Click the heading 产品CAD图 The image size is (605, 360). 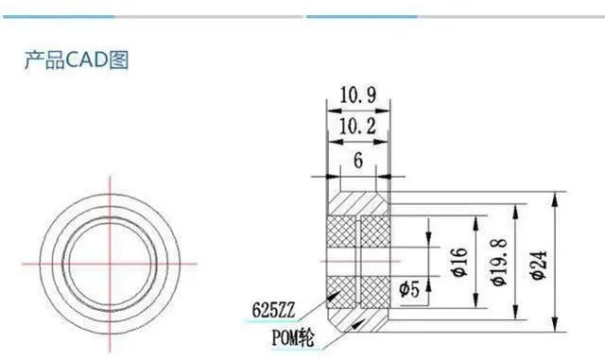pyautogui.click(x=77, y=60)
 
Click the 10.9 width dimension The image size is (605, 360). pyautogui.click(x=358, y=94)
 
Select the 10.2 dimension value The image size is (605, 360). pyautogui.click(x=357, y=127)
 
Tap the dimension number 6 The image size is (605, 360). pyautogui.click(x=358, y=160)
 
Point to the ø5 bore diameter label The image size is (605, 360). pyautogui.click(x=409, y=288)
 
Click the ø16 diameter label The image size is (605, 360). pyautogui.click(x=459, y=262)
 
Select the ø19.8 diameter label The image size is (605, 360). pyautogui.click(x=499, y=263)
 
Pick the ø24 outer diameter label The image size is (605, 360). pyautogui.click(x=539, y=265)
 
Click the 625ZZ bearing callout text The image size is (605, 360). pyautogui.click(x=273, y=310)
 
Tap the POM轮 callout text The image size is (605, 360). pyautogui.click(x=293, y=337)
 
